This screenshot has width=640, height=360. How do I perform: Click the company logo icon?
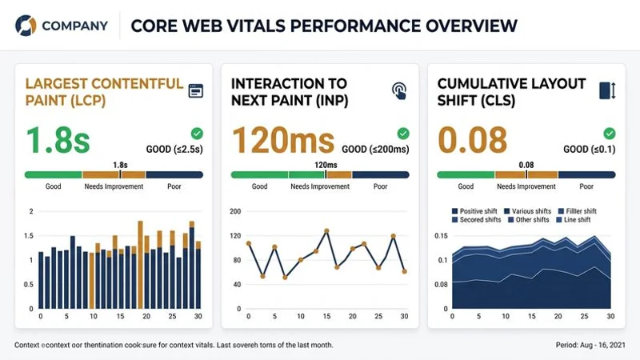(x=26, y=25)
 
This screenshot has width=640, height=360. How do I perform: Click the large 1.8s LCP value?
(x=58, y=140)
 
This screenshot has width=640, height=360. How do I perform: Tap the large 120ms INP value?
(x=282, y=140)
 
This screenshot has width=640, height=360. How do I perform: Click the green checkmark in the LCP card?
(x=197, y=134)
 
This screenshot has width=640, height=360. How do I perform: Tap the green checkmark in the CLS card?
(x=610, y=134)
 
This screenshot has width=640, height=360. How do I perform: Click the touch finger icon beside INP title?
(x=398, y=90)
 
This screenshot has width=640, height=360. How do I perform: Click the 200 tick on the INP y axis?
(x=235, y=211)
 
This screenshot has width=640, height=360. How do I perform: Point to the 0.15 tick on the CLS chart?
(x=440, y=236)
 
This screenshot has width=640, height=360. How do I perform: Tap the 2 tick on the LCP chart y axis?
(x=31, y=211)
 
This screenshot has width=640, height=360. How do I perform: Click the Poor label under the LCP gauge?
(x=174, y=186)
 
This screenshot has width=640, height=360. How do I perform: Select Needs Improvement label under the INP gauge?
(x=320, y=186)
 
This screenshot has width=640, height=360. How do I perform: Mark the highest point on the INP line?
(x=326, y=231)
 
